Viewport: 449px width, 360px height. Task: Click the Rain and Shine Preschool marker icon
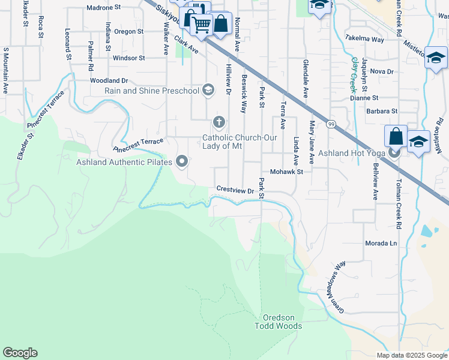tap(208, 91)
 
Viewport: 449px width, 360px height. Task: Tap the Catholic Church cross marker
tap(219, 123)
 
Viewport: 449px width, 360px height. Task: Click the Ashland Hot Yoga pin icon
tap(394, 153)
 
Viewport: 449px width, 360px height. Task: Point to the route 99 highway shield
tap(331, 124)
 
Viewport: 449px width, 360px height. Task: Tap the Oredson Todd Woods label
tap(282, 322)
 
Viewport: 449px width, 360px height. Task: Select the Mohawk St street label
tap(287, 172)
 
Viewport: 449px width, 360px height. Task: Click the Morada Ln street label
tap(381, 244)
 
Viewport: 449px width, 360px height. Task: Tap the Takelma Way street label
tap(365, 40)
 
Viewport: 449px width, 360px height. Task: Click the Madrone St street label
tap(104, 8)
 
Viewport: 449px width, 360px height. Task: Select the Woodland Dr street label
tap(109, 80)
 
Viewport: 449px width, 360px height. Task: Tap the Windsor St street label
tap(129, 58)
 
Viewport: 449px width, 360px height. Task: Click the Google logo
tap(20, 353)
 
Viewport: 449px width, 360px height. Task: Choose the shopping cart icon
tap(202, 25)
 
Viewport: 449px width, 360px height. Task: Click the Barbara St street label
tap(382, 111)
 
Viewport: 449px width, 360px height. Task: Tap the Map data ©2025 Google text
tap(412, 355)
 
